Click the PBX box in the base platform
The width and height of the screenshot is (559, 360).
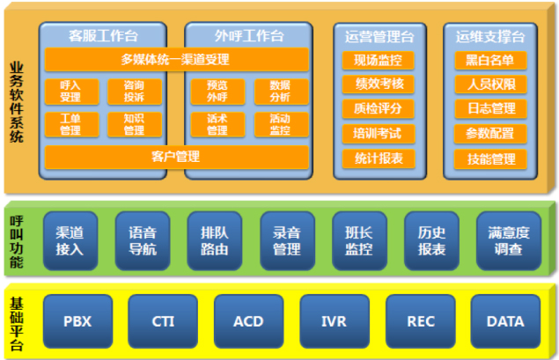(x=77, y=321)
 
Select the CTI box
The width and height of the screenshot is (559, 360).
(x=163, y=321)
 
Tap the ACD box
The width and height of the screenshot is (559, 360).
(x=248, y=321)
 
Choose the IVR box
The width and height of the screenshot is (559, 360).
(x=334, y=321)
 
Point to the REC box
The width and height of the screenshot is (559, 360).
(x=420, y=321)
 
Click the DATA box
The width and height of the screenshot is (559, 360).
(x=504, y=321)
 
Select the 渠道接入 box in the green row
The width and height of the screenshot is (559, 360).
(x=70, y=240)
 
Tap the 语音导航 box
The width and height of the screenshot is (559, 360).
(x=143, y=240)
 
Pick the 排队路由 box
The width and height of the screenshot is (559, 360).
(x=215, y=240)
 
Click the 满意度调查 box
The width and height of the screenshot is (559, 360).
(x=508, y=240)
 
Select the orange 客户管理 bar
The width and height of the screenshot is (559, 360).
(x=176, y=157)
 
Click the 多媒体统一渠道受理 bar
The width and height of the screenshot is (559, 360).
(x=176, y=60)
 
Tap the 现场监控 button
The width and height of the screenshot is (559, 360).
(x=379, y=61)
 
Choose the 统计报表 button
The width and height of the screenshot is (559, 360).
(x=379, y=159)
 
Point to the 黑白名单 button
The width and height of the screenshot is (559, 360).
(x=490, y=61)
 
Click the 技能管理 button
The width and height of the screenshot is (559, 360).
(x=490, y=159)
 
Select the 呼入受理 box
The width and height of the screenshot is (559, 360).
(x=71, y=92)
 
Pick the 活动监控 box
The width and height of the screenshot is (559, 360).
(x=279, y=124)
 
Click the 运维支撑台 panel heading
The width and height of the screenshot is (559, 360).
(x=490, y=36)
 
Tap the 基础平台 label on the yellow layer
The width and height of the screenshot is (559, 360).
(x=17, y=321)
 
